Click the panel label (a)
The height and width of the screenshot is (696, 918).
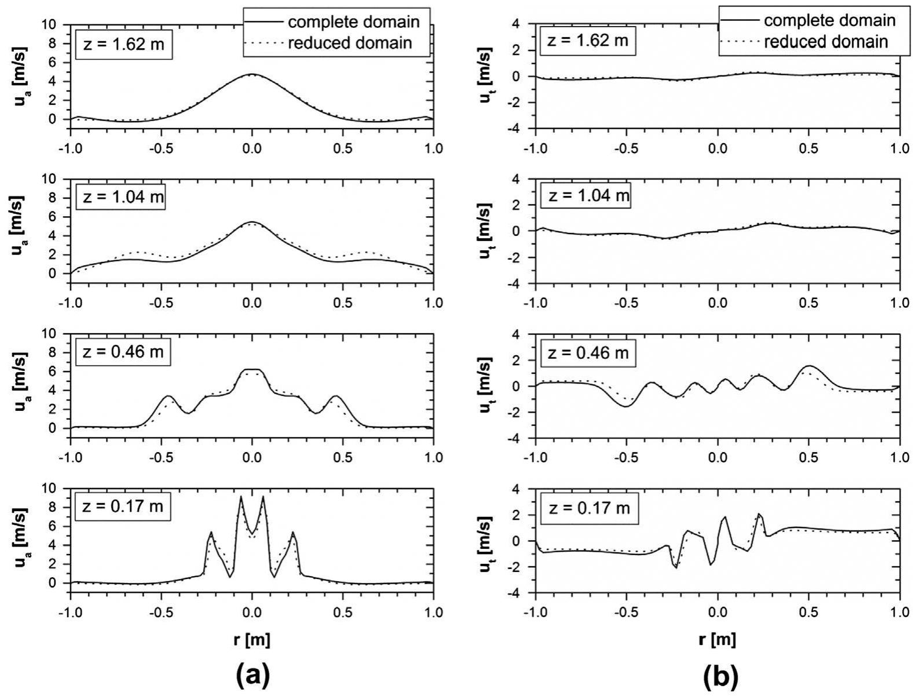point(251,675)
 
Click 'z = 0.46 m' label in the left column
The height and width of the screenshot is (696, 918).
point(123,352)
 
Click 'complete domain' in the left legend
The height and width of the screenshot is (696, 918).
point(353,22)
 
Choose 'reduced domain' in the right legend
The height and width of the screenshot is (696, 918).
point(826,41)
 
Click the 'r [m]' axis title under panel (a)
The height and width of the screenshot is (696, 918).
point(251,640)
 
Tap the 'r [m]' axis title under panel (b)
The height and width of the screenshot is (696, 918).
point(718,640)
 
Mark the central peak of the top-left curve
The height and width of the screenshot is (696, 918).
point(251,74)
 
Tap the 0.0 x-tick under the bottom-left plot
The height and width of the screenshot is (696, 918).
point(251,612)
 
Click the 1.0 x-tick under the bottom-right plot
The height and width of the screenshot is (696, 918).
point(899,612)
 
